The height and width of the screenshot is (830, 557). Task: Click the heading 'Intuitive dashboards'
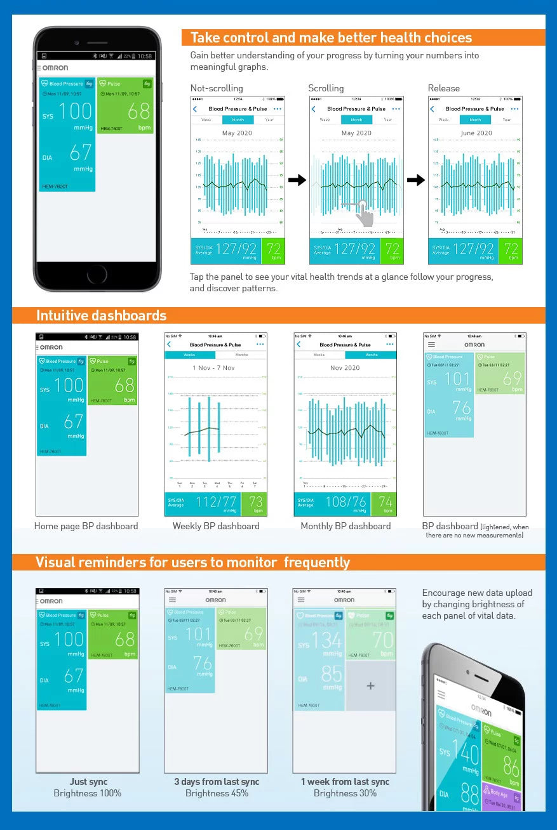click(x=102, y=315)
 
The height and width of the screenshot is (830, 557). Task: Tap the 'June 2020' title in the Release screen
click(x=476, y=133)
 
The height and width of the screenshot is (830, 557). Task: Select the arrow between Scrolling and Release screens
click(x=416, y=181)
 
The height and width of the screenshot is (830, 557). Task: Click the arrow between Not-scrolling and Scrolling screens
click(x=297, y=181)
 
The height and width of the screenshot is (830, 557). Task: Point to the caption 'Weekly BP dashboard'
click(x=216, y=526)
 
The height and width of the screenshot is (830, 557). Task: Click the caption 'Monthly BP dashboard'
click(x=346, y=526)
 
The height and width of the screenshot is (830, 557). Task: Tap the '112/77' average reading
click(x=216, y=502)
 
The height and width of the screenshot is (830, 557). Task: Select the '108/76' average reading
click(x=346, y=502)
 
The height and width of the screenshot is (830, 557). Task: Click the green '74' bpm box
click(x=385, y=504)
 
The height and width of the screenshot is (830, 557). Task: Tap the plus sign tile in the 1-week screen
click(x=371, y=686)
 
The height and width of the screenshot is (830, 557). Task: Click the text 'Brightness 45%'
click(x=217, y=793)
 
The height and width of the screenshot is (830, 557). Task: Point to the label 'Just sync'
click(x=88, y=782)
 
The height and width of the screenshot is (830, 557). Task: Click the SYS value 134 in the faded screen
click(x=327, y=640)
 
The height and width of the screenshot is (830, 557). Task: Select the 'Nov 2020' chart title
click(x=345, y=368)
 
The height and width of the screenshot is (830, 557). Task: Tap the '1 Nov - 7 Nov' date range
click(x=214, y=368)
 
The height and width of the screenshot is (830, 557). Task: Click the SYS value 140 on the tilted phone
click(x=465, y=754)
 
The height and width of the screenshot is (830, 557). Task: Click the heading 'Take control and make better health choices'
click(x=331, y=37)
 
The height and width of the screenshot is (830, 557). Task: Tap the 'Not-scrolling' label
click(x=217, y=88)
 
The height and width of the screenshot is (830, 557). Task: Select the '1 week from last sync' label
click(x=345, y=782)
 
